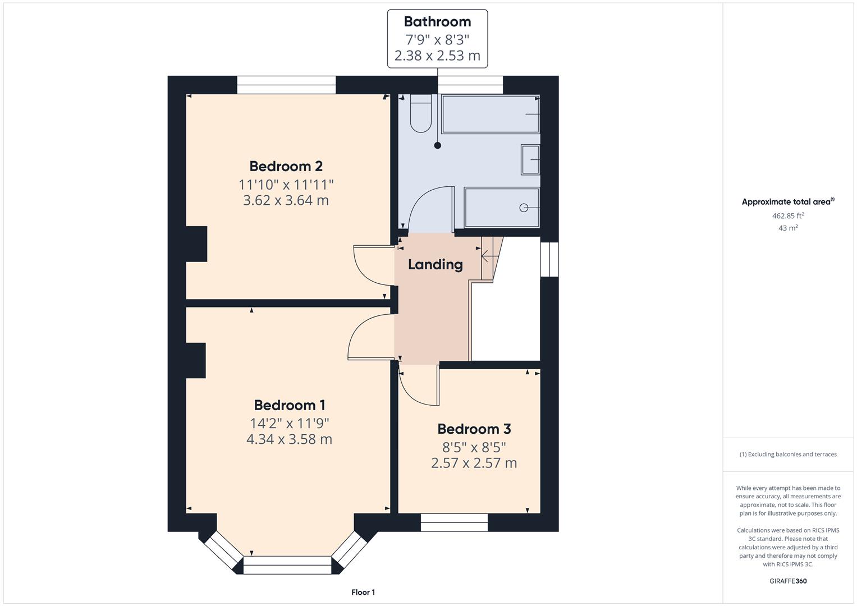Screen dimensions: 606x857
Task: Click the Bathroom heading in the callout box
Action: [x=437, y=22]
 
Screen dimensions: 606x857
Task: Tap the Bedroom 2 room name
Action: [x=286, y=166]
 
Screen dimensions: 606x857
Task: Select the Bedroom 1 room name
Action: [x=289, y=405]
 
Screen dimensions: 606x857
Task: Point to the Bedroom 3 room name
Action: [x=474, y=429]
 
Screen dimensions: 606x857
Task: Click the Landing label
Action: [x=435, y=264]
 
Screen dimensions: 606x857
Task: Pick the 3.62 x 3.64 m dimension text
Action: [x=286, y=200]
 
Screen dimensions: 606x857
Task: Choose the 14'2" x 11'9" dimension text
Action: [x=289, y=423]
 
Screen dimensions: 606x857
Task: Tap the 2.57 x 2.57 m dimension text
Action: [x=474, y=463]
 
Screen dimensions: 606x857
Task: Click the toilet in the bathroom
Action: [x=420, y=114]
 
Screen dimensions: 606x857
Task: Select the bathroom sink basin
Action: [x=530, y=159]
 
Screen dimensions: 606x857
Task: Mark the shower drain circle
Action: [x=524, y=208]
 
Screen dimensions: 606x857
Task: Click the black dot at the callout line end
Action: [x=438, y=145]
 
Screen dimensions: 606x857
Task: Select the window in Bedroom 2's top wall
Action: [x=286, y=85]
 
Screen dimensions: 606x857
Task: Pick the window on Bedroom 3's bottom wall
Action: [x=454, y=522]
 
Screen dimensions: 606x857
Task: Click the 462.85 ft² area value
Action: [x=788, y=215]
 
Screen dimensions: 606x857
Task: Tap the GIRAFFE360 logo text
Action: [x=788, y=581]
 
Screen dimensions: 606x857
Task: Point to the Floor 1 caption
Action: [x=363, y=592]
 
